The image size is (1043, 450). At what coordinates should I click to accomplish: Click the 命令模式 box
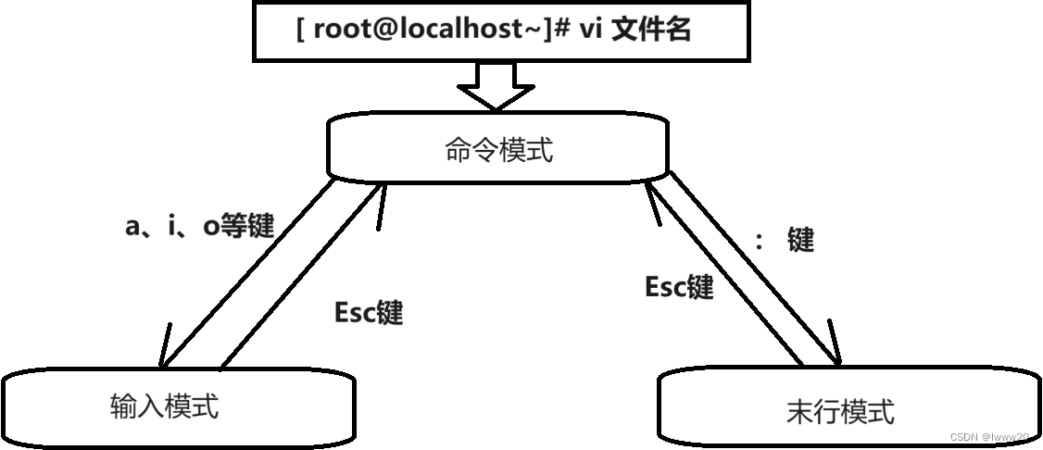(x=497, y=150)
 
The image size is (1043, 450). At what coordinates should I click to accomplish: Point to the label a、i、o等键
(x=199, y=225)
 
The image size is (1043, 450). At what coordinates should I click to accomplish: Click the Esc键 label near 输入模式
(x=368, y=312)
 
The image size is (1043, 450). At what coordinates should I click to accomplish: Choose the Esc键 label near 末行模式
(x=678, y=288)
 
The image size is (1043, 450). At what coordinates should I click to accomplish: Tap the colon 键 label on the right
(x=786, y=241)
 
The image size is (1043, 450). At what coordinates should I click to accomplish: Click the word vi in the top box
(x=592, y=30)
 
